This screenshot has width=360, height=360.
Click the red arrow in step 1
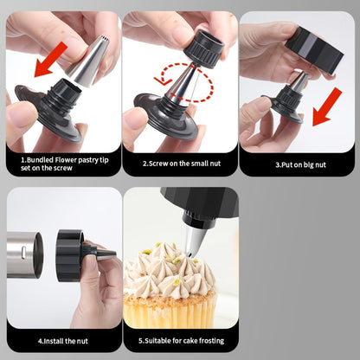(x=51, y=59)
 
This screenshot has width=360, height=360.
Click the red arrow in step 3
(x=327, y=107)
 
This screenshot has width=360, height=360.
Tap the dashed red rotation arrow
(x=184, y=82)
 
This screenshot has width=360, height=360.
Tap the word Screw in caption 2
(x=158, y=164)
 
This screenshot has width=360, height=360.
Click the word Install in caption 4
(x=54, y=341)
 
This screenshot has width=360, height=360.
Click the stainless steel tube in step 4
(x=25, y=254)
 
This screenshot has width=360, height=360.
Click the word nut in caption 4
(x=82, y=341)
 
